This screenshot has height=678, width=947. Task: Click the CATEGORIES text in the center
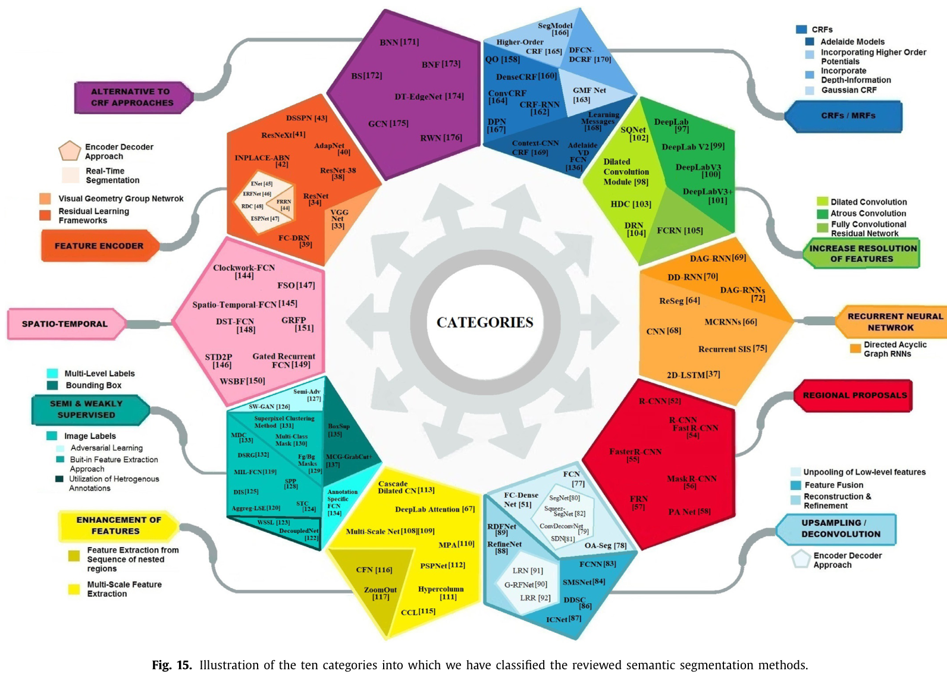pos(485,322)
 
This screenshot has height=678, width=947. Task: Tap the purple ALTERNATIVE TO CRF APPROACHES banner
pos(132,98)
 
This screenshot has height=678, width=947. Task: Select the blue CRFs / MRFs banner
pos(848,115)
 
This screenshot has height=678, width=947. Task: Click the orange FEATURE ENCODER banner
pos(99,246)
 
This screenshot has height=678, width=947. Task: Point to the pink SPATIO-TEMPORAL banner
pos(65,324)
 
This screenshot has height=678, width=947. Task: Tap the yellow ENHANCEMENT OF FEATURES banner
pos(118,525)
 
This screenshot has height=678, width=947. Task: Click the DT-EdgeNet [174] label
pos(429,96)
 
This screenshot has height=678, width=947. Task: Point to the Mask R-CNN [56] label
pos(691,482)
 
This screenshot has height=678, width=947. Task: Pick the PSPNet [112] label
pos(443,566)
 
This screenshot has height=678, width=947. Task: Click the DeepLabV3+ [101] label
pos(708,196)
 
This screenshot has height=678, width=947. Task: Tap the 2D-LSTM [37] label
pos(693,375)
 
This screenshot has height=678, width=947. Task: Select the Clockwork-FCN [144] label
pos(244,271)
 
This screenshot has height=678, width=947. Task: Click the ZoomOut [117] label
pos(381,593)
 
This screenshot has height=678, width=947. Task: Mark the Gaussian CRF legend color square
pos(810,90)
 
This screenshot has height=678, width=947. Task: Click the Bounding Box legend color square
pos(52,385)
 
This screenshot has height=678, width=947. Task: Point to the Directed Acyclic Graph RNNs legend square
pos(855,349)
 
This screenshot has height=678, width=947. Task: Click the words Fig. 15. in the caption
pos(172,665)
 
